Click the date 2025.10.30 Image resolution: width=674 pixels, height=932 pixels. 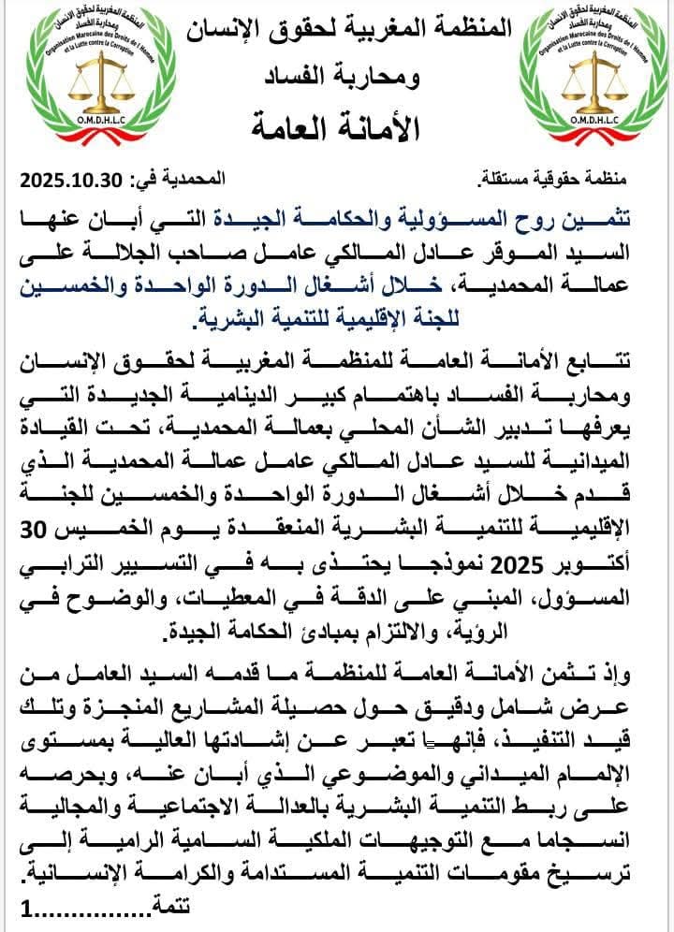71,178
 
